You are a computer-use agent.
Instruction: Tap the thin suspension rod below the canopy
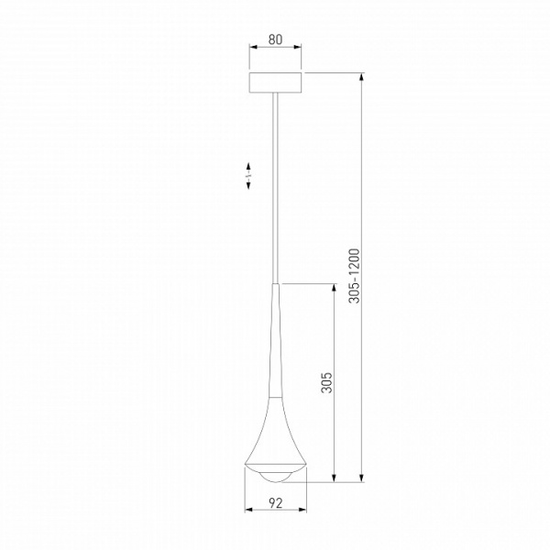(x=275, y=183)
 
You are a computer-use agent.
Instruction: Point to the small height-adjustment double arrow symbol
(x=249, y=177)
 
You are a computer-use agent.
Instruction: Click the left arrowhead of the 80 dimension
(x=253, y=53)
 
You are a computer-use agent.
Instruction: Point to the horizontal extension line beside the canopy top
(x=335, y=72)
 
